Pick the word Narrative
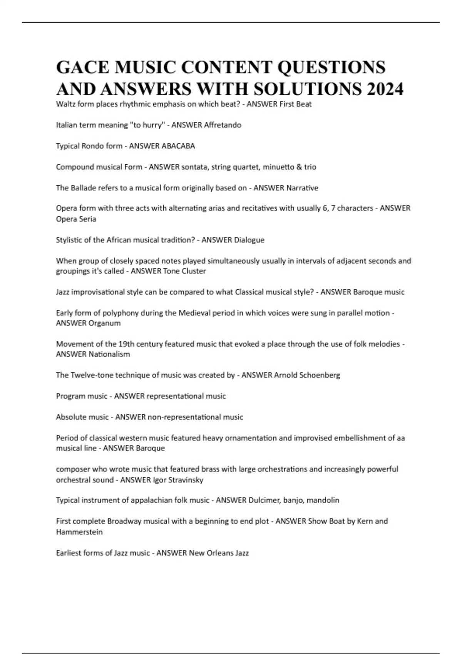[302, 188]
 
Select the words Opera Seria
[76, 219]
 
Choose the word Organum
[104, 323]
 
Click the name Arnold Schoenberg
[307, 375]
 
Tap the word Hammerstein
[79, 532]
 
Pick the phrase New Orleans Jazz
[219, 553]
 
